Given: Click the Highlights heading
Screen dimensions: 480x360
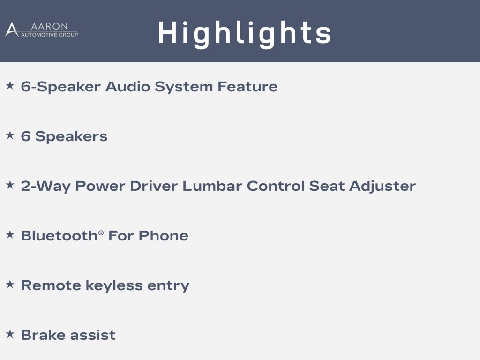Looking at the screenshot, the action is pyautogui.click(x=245, y=34).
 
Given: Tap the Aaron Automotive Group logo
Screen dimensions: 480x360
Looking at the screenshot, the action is pyautogui.click(x=42, y=30).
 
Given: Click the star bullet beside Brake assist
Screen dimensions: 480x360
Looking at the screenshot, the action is pyautogui.click(x=10, y=334).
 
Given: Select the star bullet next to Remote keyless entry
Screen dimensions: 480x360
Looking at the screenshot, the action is pyautogui.click(x=10, y=284).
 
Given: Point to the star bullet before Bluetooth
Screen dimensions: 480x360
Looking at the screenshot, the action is pyautogui.click(x=10, y=234).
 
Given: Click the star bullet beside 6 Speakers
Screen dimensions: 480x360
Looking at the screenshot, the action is pyautogui.click(x=10, y=135).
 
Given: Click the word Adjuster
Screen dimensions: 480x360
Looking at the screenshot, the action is pyautogui.click(x=382, y=187).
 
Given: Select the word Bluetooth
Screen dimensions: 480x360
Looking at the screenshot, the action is pyautogui.click(x=59, y=236).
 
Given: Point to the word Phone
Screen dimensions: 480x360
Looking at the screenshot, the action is pyautogui.click(x=164, y=236).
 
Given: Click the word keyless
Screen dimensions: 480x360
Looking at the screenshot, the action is pyautogui.click(x=114, y=286).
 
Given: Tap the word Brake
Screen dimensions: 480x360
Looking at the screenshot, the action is pyautogui.click(x=43, y=335).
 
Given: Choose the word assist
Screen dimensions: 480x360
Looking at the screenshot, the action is pyautogui.click(x=93, y=335).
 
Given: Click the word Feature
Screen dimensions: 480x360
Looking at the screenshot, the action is pyautogui.click(x=247, y=87).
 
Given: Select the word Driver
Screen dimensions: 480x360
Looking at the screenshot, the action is pyautogui.click(x=154, y=186).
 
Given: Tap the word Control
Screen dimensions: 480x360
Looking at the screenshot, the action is pyautogui.click(x=276, y=186).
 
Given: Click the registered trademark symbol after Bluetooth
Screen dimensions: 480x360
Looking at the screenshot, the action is pyautogui.click(x=101, y=233).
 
